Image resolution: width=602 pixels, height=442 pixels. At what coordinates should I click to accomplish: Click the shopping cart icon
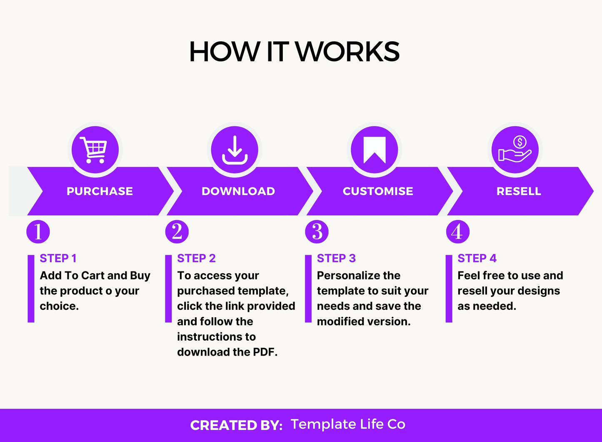click(95, 150)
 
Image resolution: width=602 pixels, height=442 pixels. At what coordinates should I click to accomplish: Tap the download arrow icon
click(235, 150)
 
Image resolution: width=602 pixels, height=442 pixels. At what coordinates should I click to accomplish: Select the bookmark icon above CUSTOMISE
click(374, 150)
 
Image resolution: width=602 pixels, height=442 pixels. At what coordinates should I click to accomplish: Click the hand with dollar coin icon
click(515, 150)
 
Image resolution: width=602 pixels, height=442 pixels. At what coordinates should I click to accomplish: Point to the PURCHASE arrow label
click(100, 191)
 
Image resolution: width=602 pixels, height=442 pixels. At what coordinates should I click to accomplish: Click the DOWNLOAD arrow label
click(238, 191)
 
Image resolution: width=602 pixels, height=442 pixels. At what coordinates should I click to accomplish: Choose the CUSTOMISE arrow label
click(378, 191)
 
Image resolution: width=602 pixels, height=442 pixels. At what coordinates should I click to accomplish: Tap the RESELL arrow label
click(519, 191)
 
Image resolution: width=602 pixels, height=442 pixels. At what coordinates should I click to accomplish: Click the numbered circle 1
click(38, 232)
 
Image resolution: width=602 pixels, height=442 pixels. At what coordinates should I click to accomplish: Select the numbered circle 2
click(177, 232)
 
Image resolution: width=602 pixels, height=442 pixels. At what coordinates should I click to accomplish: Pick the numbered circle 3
click(317, 232)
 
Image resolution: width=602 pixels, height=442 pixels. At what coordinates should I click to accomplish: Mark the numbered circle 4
click(457, 232)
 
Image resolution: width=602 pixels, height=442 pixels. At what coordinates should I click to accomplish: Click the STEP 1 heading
click(58, 259)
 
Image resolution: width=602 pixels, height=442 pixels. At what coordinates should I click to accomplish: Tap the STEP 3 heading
click(336, 259)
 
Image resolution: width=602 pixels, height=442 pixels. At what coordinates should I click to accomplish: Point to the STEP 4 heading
click(477, 259)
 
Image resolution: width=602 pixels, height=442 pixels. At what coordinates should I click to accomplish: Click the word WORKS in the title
click(347, 52)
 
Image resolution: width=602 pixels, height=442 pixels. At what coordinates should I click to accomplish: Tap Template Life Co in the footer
click(348, 424)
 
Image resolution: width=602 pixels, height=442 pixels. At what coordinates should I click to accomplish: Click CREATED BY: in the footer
click(236, 425)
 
